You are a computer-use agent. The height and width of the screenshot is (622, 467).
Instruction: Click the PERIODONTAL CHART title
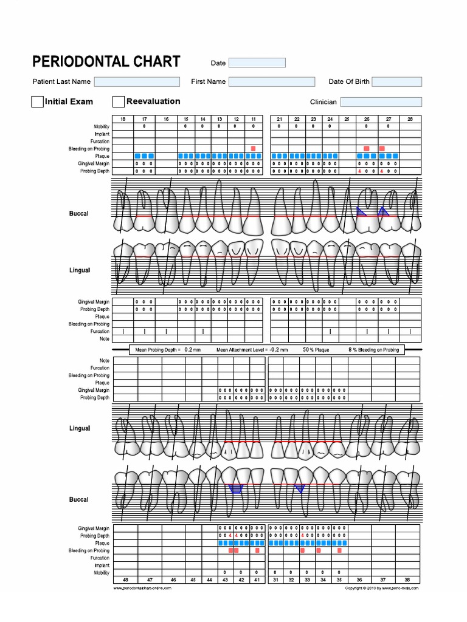tap(106, 61)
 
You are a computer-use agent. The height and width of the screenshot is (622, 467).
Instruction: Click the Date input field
tap(257, 63)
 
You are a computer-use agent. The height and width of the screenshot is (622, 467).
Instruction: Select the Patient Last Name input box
tap(137, 81)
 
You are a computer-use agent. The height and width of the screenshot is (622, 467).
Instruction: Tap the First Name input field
tap(272, 81)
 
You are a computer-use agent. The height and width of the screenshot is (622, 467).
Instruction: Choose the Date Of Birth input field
tap(397, 81)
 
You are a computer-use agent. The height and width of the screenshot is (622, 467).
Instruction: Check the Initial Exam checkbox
tap(37, 101)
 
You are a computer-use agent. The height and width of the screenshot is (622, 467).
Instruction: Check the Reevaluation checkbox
tap(119, 101)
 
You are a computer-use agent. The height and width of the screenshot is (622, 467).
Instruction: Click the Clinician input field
tap(381, 102)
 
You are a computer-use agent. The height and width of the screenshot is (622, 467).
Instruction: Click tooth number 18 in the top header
tap(123, 119)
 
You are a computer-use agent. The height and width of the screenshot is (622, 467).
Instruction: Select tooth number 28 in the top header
tap(410, 119)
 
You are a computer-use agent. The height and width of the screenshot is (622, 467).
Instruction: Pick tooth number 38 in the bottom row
tap(407, 580)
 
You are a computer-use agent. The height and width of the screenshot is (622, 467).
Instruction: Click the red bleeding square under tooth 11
tap(253, 149)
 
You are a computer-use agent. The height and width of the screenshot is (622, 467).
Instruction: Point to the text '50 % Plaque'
tap(316, 350)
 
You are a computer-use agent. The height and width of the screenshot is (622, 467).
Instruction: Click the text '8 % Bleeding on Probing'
tap(374, 350)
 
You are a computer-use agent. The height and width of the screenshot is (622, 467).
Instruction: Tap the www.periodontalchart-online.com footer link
tap(142, 588)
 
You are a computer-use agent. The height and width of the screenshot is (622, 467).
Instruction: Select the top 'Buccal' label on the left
tap(78, 214)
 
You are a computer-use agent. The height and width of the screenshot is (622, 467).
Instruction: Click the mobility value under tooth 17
tap(144, 126)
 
